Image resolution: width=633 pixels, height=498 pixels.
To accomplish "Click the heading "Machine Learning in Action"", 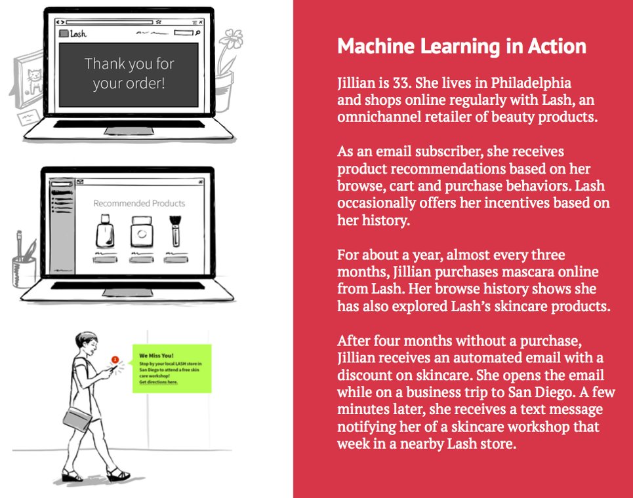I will click(461, 47).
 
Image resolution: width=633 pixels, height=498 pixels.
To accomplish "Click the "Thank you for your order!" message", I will click(129, 73).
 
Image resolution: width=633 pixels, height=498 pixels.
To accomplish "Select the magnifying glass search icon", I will click(196, 32).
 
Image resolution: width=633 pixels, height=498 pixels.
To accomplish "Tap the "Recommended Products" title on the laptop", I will click(139, 203).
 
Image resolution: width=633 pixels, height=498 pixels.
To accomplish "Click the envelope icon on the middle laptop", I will click(80, 182).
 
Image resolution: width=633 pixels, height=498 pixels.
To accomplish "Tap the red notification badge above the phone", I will click(115, 359).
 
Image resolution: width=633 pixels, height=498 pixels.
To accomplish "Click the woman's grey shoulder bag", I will click(77, 415).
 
